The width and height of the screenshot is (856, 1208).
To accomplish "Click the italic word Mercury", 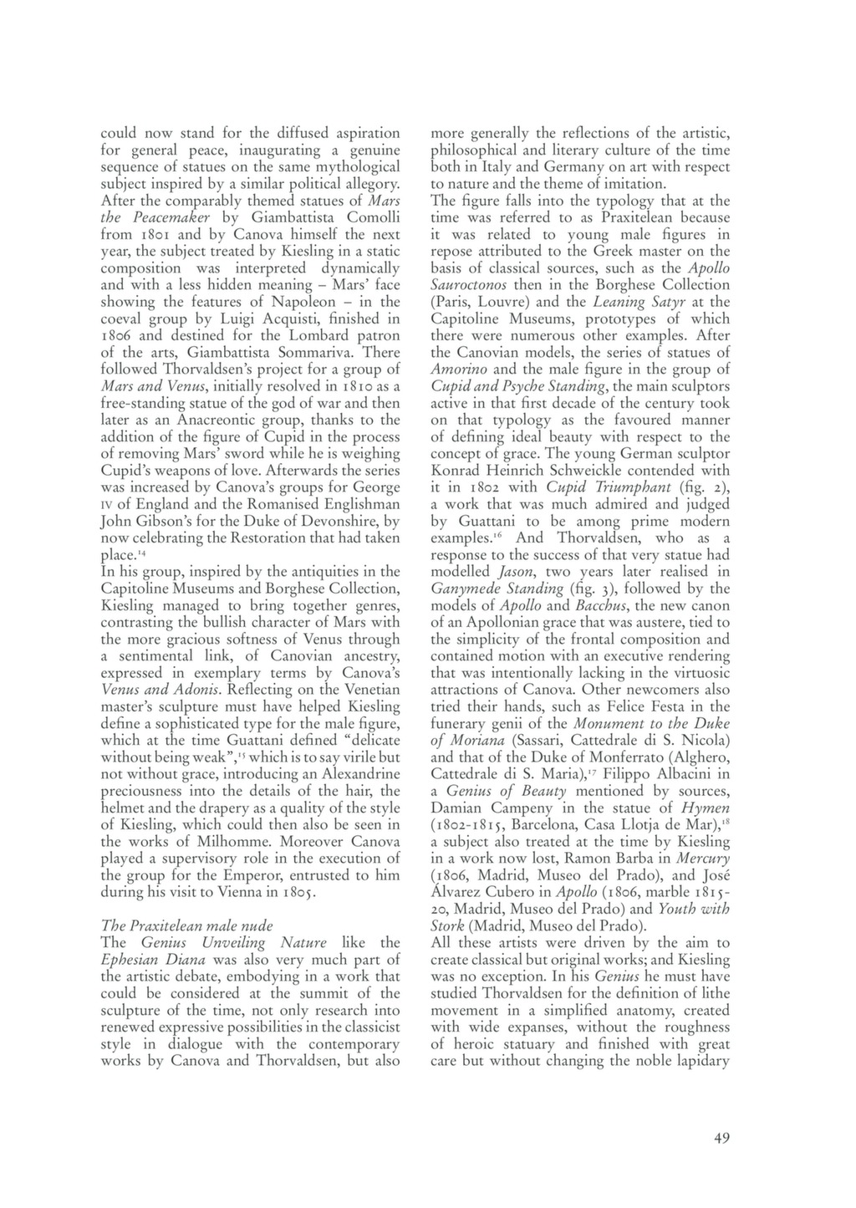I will (701, 859).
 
